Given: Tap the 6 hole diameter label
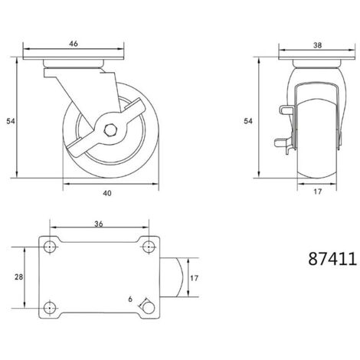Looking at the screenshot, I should (130, 298).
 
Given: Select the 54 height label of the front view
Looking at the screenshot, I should (248, 121).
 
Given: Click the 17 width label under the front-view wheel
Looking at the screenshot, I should (316, 193).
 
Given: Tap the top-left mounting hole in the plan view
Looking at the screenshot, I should (50, 247).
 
